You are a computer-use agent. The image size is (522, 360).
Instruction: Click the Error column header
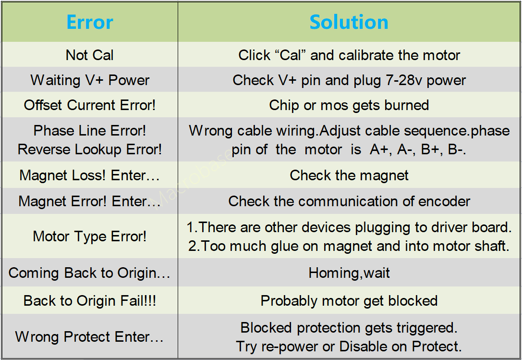[90, 22]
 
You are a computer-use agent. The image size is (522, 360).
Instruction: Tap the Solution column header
[349, 22]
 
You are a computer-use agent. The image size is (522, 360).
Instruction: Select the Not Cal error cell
[89, 55]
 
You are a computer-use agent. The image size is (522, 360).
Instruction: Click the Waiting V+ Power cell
[90, 80]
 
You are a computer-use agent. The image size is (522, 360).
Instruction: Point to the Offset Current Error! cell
[90, 105]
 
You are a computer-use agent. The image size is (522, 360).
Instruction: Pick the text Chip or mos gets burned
[349, 105]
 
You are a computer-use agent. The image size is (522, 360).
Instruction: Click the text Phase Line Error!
[90, 130]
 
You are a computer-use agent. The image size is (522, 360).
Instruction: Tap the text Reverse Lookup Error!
[90, 149]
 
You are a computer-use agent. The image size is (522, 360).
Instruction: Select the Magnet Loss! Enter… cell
[89, 175]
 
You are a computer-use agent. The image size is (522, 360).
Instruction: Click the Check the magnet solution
[349, 175]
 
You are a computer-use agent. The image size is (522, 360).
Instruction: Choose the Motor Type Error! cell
[89, 236]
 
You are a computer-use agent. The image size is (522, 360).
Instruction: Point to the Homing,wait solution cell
[349, 273]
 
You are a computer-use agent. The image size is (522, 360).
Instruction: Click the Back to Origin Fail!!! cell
[90, 301]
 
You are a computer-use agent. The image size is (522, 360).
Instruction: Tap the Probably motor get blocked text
[349, 301]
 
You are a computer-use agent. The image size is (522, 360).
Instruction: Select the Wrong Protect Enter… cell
[89, 336]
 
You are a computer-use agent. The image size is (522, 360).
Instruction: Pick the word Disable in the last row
[363, 347]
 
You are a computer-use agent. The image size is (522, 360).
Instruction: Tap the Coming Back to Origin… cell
[89, 273]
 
